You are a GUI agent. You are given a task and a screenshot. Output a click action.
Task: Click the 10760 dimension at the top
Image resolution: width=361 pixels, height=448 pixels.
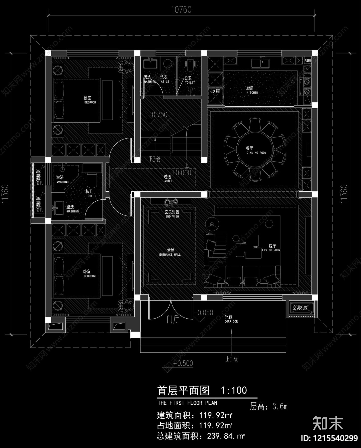(181, 10)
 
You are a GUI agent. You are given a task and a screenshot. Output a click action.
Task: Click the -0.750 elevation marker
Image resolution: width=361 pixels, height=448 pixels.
(157, 115)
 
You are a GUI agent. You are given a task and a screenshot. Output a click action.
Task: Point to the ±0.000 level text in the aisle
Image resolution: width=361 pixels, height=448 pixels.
(182, 173)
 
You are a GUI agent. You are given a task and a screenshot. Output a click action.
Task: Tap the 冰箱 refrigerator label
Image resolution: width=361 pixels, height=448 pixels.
(215, 91)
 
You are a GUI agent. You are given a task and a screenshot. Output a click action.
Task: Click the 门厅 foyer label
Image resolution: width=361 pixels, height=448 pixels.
(173, 320)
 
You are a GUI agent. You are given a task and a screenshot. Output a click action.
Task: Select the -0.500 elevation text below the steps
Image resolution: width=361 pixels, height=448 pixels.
(183, 363)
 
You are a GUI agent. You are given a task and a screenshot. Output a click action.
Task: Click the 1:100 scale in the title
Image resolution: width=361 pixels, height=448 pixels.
(234, 390)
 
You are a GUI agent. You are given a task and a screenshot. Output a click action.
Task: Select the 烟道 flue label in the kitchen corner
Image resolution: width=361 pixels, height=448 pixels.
(308, 60)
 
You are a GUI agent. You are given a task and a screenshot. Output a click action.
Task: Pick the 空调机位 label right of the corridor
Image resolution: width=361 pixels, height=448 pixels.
(300, 308)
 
